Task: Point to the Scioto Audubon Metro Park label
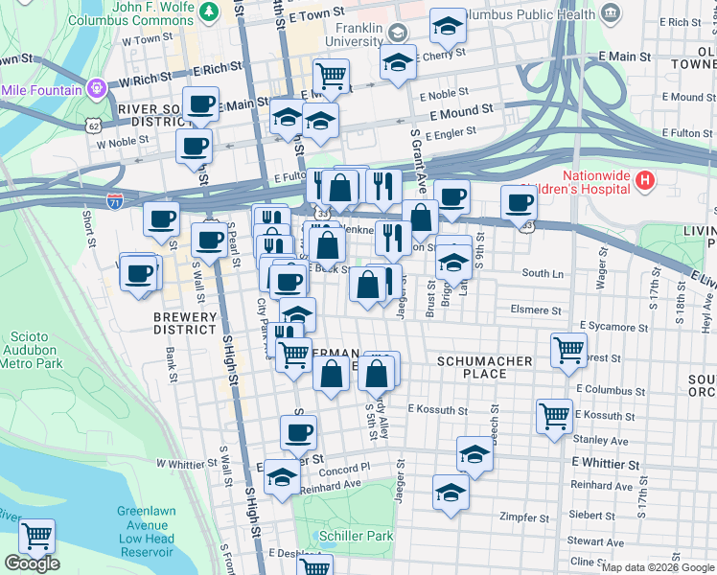click(31, 350)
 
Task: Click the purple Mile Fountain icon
click(95, 89)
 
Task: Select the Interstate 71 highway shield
click(115, 204)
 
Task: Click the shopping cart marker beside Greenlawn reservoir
click(36, 536)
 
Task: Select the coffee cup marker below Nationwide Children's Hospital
click(519, 202)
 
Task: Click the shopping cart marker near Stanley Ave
click(554, 415)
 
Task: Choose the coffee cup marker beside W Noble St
click(194, 147)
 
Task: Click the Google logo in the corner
click(32, 563)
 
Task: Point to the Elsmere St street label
click(536, 310)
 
